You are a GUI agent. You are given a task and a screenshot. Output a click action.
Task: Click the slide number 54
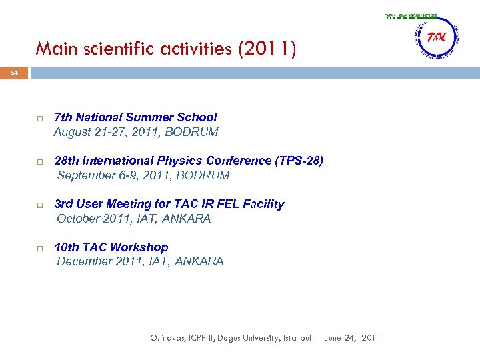point(14,73)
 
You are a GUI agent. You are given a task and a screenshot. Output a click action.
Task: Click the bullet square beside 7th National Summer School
point(40,118)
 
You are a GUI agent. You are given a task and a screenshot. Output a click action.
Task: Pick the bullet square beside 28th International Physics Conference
point(40,161)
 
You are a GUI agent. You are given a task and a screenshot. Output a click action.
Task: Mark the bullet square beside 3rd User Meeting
point(40,205)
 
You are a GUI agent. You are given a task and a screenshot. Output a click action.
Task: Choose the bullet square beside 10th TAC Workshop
point(40,248)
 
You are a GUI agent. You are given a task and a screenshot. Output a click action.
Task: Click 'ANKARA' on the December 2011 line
point(199,261)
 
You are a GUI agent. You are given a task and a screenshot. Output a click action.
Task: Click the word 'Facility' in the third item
point(263,204)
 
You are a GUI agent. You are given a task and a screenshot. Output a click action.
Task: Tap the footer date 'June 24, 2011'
point(353,338)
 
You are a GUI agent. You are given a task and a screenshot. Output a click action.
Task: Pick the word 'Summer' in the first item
point(149,117)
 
